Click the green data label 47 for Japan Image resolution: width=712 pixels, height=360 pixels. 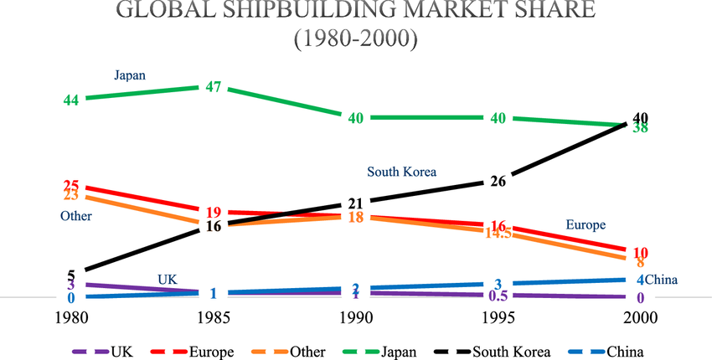[x=213, y=87]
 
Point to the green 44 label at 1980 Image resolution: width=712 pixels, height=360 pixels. [x=71, y=100]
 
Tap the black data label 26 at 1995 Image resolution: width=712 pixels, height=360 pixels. [x=498, y=182]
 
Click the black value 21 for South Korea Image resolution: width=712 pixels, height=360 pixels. [x=355, y=203]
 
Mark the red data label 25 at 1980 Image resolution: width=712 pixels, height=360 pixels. [x=71, y=186]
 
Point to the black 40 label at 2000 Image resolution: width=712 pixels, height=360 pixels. [x=641, y=117]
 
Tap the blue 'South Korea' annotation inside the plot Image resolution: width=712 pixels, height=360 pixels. [x=402, y=172]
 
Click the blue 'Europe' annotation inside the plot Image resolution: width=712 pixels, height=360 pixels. [x=586, y=225]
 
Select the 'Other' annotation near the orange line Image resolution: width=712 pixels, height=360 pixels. [x=75, y=216]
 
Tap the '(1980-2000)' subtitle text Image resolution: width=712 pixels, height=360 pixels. [x=355, y=39]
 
